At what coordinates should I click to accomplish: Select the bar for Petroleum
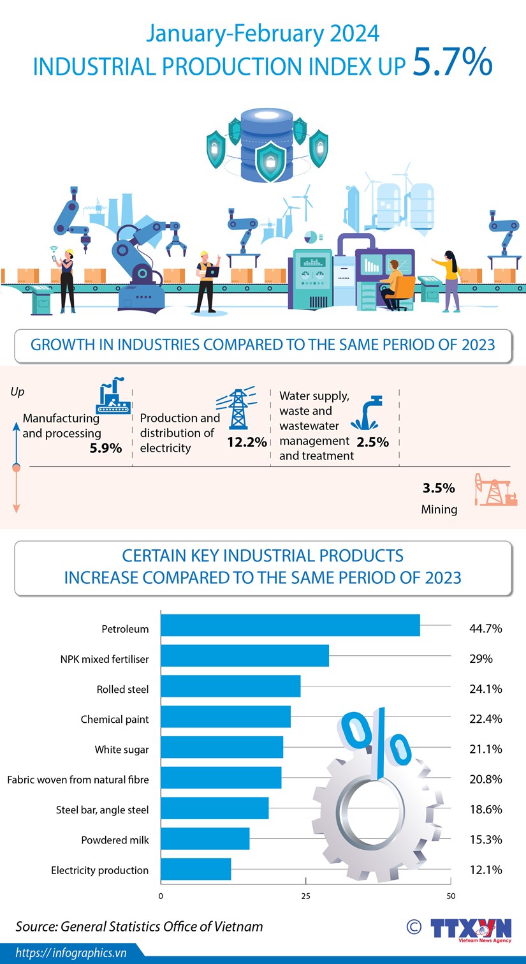pos(290,625)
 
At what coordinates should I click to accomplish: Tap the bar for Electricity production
pos(196,869)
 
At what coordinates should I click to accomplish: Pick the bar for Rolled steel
pos(230,686)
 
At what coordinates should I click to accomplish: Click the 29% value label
pos(481,658)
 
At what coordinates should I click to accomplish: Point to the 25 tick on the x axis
pos(305,896)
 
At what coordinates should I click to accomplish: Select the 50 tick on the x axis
pos(451,896)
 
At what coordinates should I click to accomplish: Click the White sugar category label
pos(122,749)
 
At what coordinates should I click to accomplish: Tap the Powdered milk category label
pos(115,840)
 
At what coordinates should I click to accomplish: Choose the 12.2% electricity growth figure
pos(247,441)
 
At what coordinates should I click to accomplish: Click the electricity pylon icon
pos(237,409)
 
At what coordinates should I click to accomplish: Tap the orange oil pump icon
pos(495,489)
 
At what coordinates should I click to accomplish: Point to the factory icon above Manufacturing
pos(113,396)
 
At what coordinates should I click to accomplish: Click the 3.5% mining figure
pos(439,488)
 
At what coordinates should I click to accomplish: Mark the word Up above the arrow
pos(17,392)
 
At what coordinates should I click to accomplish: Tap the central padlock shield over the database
pos(270,161)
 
